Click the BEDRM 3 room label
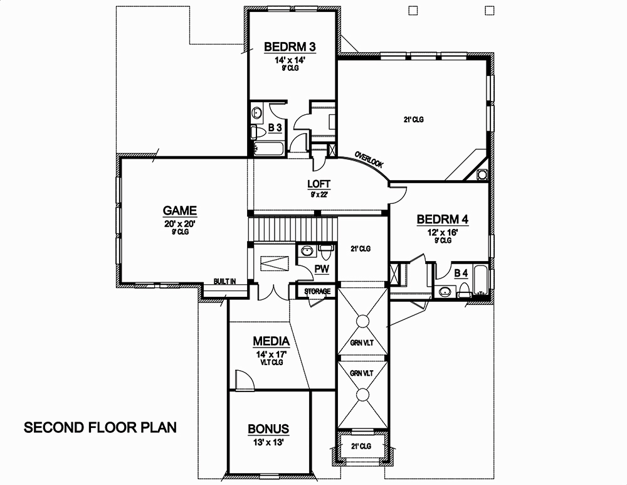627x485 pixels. point(289,47)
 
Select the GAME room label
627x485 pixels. point(180,211)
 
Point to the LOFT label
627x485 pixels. point(319,184)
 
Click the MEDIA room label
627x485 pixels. point(271,341)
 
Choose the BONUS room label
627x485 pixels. point(268,429)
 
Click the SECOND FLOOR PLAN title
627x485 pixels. point(100,428)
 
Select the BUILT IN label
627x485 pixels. point(224,282)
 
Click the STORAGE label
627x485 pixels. point(318,292)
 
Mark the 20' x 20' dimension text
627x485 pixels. point(180,223)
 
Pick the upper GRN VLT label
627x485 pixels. point(362,343)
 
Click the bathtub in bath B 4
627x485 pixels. point(481,280)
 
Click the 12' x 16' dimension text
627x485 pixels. point(443,232)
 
